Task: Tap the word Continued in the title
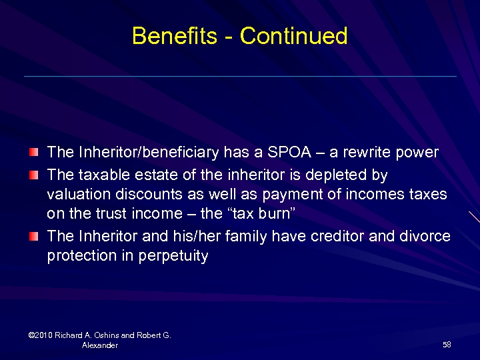tap(293, 35)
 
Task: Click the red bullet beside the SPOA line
tap(34, 153)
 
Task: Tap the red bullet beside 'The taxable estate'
tap(34, 175)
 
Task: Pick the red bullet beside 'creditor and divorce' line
tap(34, 237)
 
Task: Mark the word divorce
tap(424, 236)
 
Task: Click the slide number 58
tap(447, 345)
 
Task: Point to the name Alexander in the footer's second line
tap(100, 345)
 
